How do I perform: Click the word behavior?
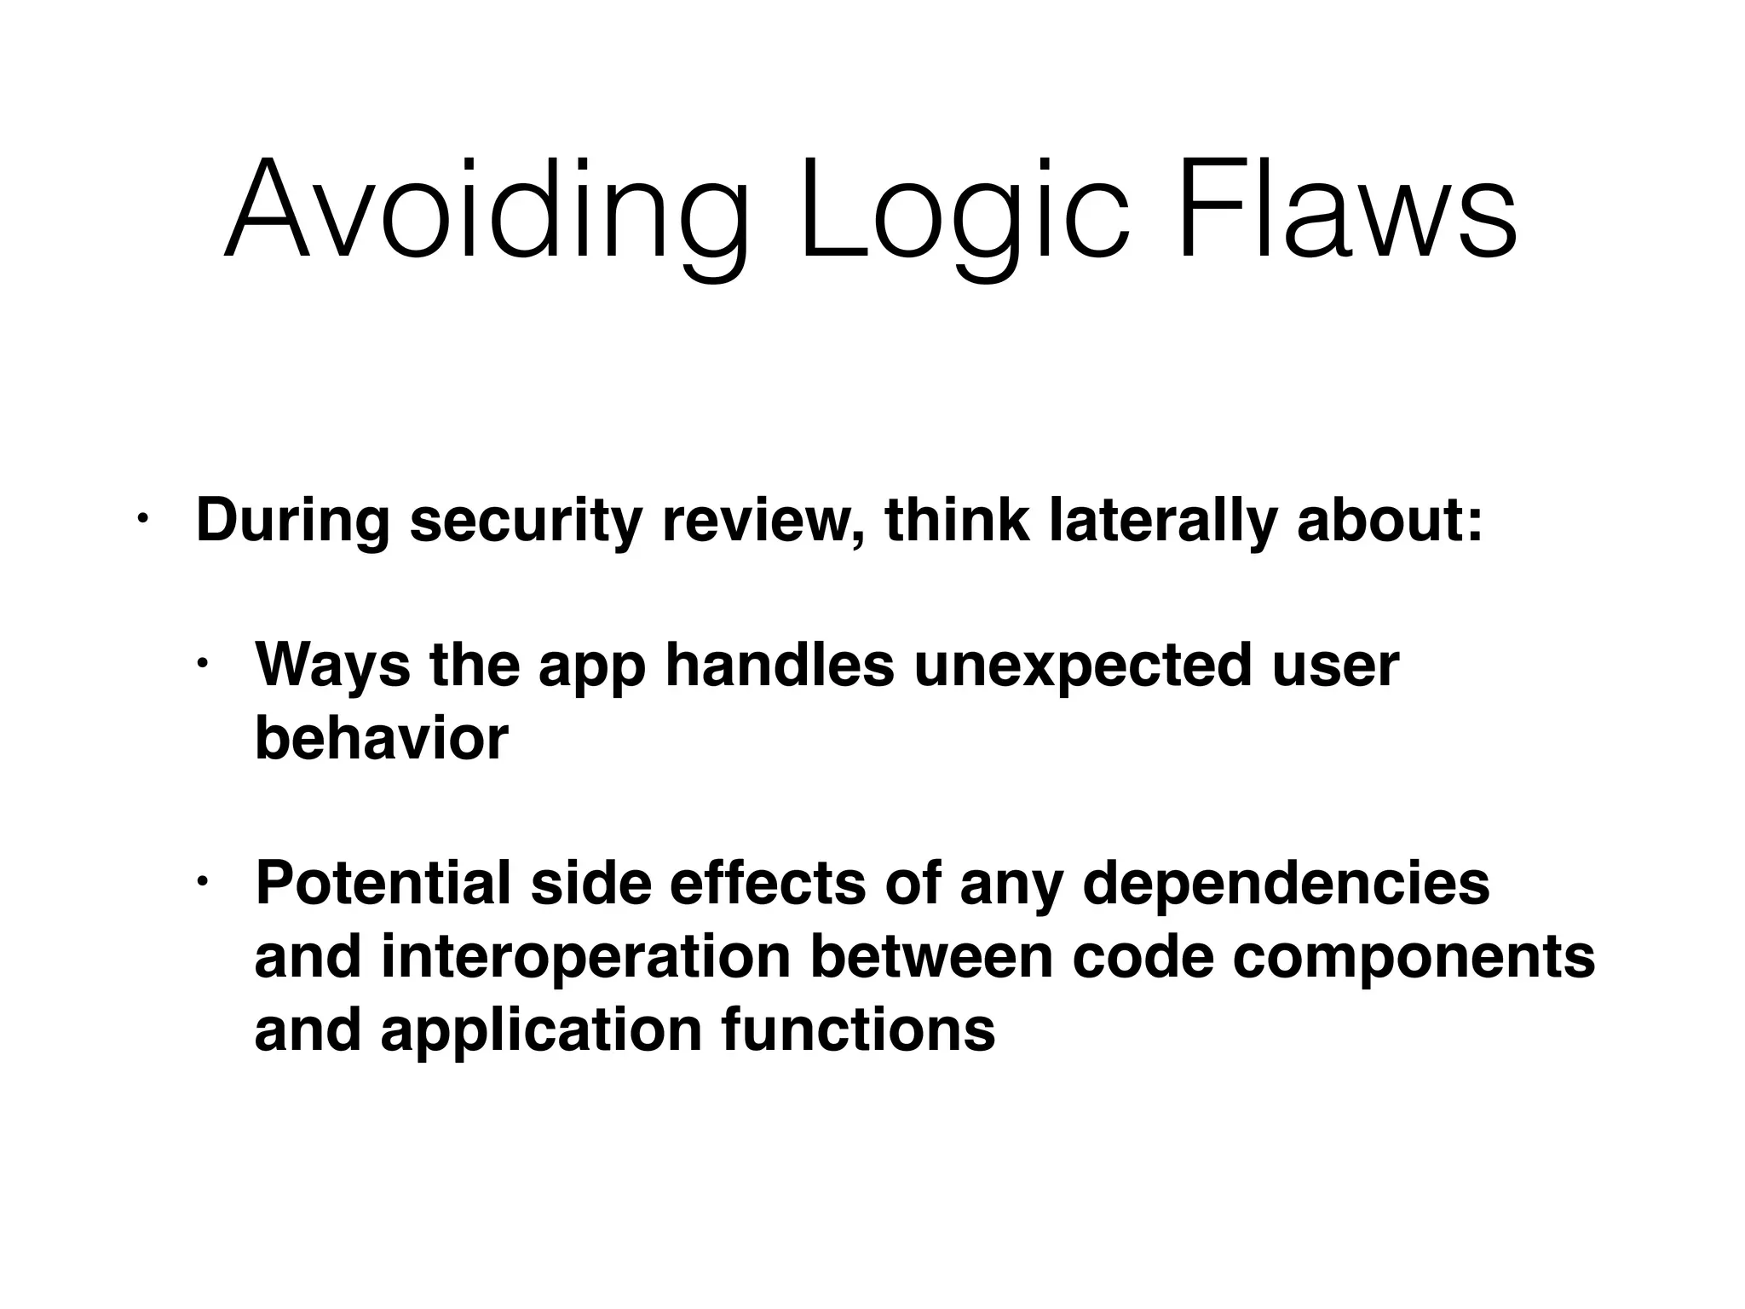tap(381, 738)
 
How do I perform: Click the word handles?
tap(780, 666)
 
